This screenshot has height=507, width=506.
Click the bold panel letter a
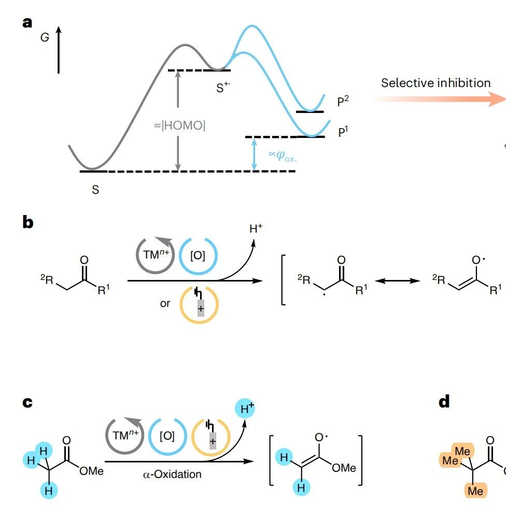(27, 23)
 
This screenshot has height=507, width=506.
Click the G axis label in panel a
(45, 37)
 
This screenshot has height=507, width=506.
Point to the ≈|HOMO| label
(179, 125)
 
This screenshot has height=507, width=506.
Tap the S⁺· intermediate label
(223, 87)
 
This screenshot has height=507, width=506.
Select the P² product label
(343, 101)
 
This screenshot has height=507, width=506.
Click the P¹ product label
(343, 132)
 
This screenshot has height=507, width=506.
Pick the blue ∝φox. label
(282, 156)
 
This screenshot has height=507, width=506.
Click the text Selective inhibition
(436, 83)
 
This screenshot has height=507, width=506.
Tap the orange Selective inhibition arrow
(438, 99)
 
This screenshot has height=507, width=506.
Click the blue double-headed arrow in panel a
(254, 154)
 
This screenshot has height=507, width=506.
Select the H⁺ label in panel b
(256, 228)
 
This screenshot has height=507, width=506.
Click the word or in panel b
(165, 304)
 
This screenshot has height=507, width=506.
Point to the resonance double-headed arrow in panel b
(397, 280)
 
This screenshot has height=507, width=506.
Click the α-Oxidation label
(172, 474)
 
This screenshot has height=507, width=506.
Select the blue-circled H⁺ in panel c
(245, 409)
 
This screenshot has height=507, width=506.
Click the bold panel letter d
(444, 401)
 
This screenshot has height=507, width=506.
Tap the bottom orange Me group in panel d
(475, 491)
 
